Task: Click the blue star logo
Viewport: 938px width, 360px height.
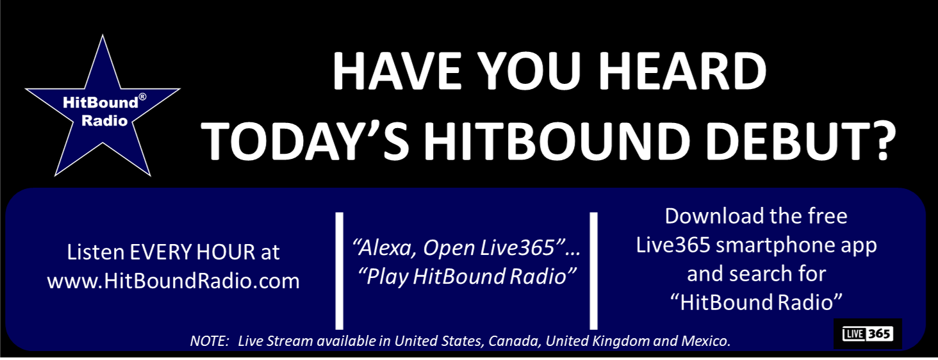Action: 103,113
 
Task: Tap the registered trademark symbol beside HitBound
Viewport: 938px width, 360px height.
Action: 142,97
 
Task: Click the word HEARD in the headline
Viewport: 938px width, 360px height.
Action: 682,71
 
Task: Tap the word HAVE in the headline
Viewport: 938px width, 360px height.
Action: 397,71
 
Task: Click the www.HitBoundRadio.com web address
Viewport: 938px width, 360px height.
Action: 174,281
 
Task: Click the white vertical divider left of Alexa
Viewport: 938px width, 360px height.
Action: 339,271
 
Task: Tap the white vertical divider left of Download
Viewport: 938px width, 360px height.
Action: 594,271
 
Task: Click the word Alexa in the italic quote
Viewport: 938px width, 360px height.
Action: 384,249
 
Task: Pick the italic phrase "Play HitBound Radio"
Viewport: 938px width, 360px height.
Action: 467,277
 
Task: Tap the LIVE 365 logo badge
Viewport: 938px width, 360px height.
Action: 868,334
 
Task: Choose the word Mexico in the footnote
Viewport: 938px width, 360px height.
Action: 706,341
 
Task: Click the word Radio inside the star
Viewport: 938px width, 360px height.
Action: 104,121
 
